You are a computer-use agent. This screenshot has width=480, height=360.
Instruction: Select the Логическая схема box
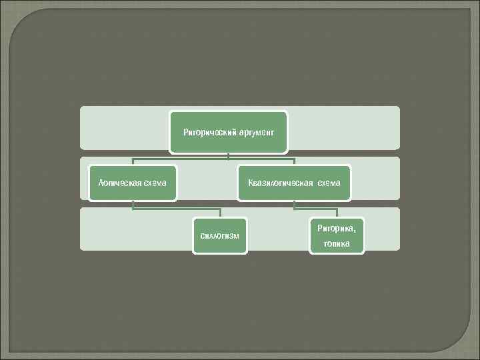point(133,182)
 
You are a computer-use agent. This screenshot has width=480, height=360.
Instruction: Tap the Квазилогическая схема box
point(294,182)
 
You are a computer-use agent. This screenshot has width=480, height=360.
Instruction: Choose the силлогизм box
point(219,235)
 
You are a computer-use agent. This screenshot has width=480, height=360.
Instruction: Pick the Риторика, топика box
point(337,235)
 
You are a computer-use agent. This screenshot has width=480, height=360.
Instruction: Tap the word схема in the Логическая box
point(154,183)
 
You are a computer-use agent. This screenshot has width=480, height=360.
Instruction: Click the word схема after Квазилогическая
point(329,183)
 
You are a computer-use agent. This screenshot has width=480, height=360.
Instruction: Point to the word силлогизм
point(219,236)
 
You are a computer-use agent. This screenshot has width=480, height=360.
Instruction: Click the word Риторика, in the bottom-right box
point(337,229)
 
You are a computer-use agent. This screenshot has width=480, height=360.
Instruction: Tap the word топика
point(337,243)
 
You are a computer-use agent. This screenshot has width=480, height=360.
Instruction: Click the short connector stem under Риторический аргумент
point(228,155)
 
